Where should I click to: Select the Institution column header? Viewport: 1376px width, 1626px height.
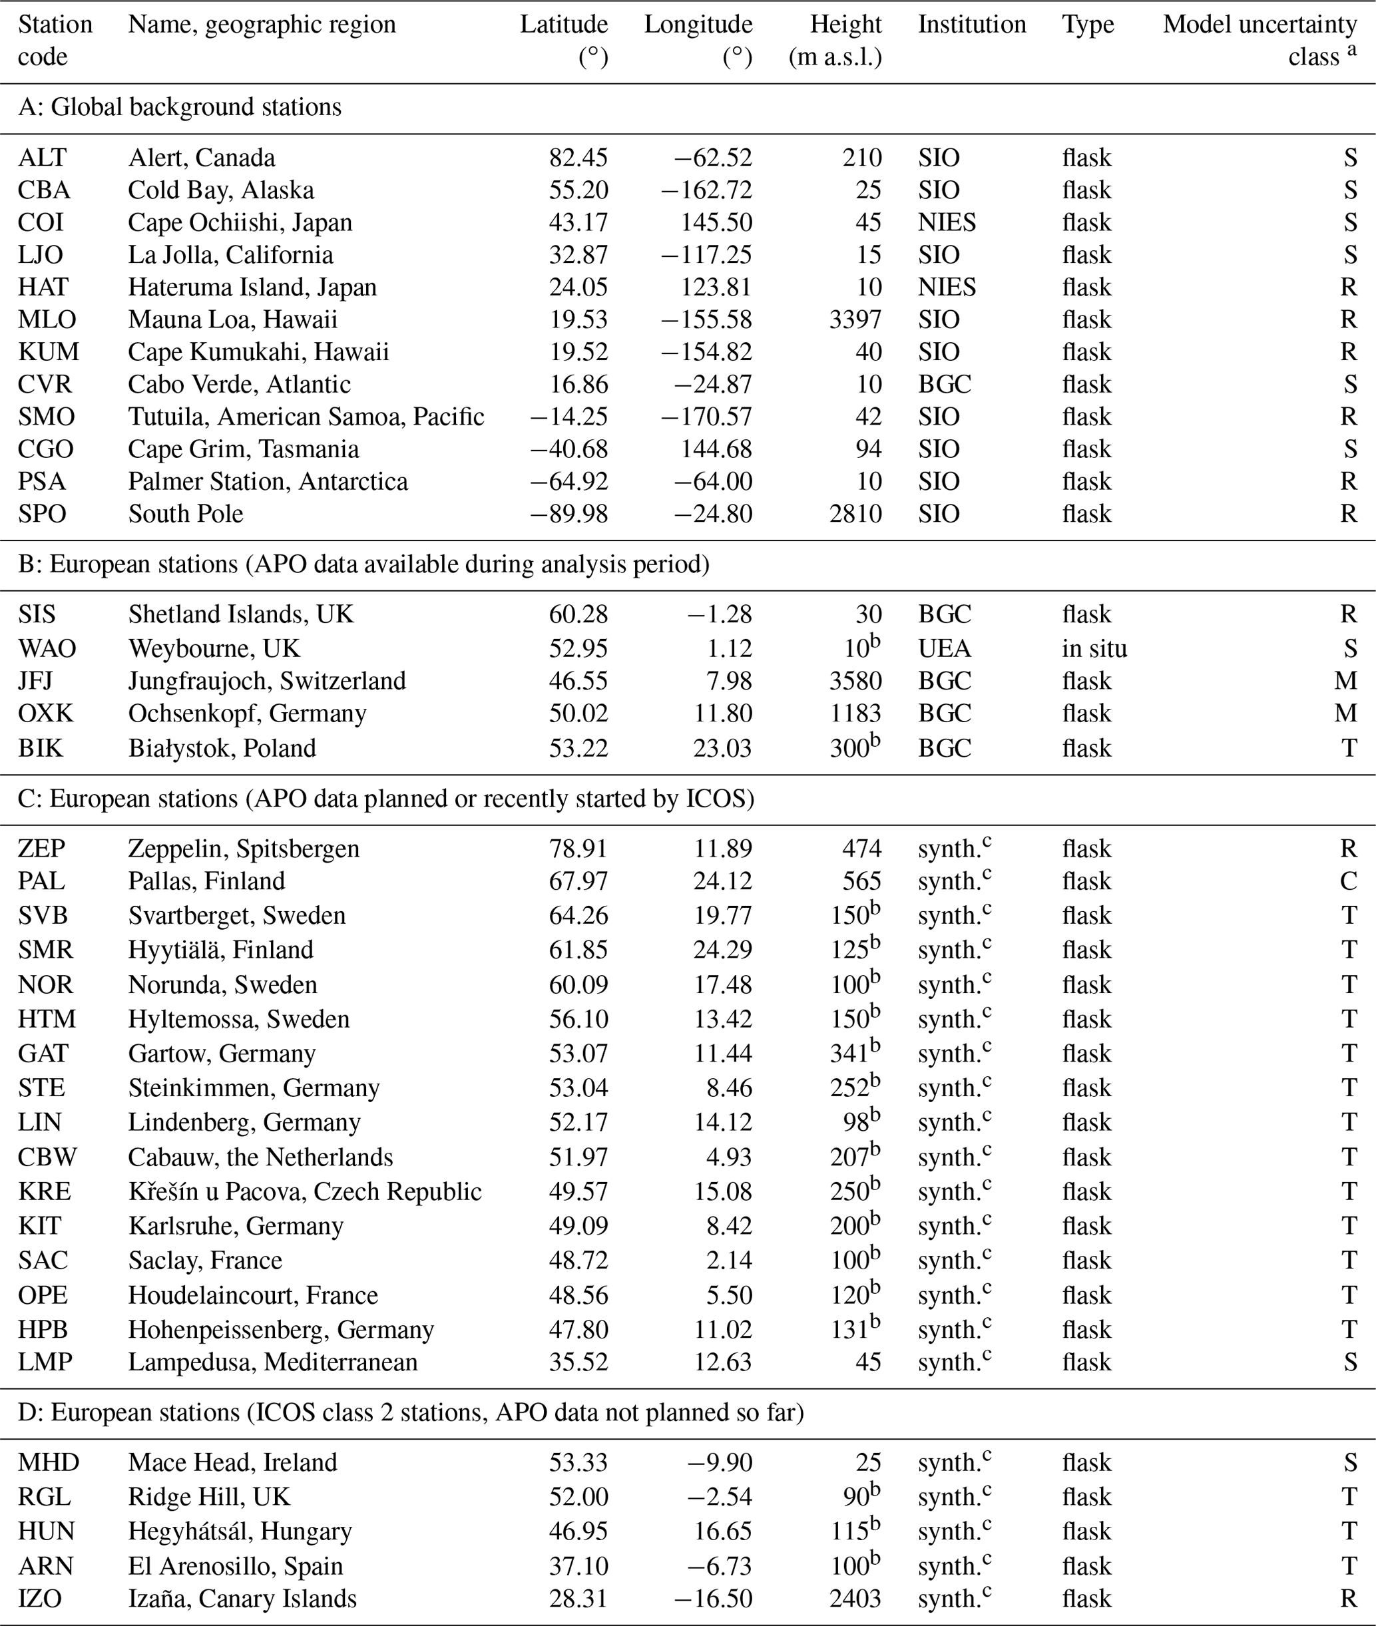coord(971,25)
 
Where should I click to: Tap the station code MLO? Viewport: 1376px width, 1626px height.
coord(47,319)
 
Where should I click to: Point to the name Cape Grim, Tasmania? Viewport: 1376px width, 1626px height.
coord(244,449)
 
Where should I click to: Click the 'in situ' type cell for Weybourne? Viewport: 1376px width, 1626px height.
coord(1094,648)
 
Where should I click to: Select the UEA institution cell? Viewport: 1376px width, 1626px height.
coord(944,648)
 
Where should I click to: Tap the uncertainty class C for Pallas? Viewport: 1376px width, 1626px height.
coord(1348,881)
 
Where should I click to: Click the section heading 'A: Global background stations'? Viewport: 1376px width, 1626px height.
coord(180,107)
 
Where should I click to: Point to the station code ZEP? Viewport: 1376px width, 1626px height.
coord(41,849)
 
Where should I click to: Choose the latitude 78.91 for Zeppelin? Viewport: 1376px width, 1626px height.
coord(578,849)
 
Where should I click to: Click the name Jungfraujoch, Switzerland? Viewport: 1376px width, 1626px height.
coord(267,681)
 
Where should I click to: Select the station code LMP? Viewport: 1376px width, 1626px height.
coord(45,1362)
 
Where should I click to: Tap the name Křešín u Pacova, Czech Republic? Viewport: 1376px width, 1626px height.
coord(304,1191)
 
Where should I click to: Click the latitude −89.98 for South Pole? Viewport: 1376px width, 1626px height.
coord(569,514)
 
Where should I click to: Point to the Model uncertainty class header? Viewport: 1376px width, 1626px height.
coord(1259,41)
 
